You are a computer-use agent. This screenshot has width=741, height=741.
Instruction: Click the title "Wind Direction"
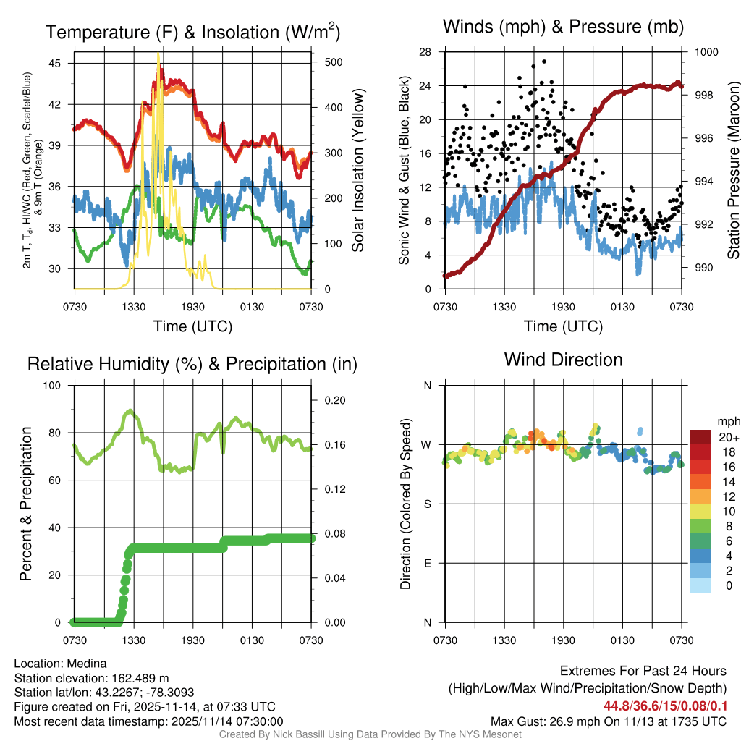click(x=563, y=360)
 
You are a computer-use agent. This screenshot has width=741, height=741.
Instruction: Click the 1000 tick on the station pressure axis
click(x=706, y=52)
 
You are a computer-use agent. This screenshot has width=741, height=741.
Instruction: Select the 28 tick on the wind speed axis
click(x=425, y=52)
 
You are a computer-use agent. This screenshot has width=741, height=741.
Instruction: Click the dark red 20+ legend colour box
click(x=701, y=437)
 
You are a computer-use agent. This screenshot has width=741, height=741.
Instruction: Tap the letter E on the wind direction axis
click(x=427, y=563)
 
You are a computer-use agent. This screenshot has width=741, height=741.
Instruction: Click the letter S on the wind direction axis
click(x=427, y=504)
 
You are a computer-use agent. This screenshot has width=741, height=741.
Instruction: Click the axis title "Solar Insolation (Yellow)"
click(x=357, y=171)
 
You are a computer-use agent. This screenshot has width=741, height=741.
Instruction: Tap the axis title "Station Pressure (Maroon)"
click(x=732, y=171)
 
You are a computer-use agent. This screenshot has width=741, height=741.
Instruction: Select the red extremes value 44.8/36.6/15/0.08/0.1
click(x=664, y=706)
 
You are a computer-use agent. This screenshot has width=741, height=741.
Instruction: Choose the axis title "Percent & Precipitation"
click(x=26, y=504)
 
